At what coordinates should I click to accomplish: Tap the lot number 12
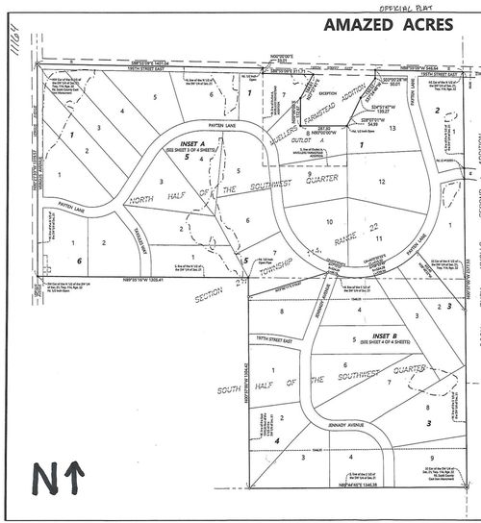[382, 181]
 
